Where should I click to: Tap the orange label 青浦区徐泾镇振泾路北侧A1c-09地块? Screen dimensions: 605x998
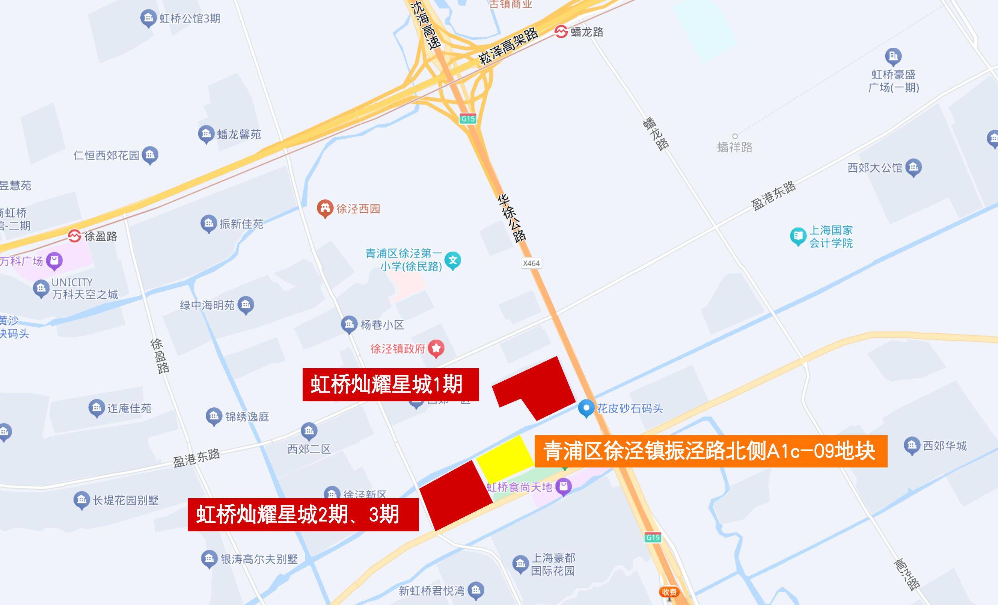710,451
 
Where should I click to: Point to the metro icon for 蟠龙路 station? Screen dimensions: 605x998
561,31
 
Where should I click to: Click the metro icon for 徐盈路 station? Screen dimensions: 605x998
74,236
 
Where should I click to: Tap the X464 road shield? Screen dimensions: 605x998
531,263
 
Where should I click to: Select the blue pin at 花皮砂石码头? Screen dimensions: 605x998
586,408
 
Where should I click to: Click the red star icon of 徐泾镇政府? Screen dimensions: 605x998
436,348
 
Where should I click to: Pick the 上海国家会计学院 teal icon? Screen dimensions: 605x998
798,236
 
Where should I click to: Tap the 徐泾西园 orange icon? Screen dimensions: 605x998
324,209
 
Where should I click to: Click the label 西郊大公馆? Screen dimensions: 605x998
875,168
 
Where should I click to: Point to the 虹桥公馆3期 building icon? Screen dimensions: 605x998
148,18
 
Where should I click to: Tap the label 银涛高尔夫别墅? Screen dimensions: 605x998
259,559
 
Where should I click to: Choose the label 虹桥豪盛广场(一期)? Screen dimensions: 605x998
894,81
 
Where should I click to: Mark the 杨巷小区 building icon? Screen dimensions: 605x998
349,324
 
